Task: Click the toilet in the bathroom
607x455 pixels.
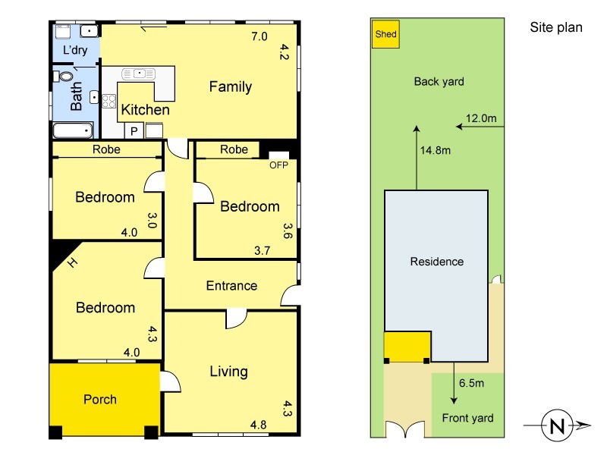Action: click(x=64, y=76)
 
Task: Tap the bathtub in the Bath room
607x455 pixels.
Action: click(x=73, y=130)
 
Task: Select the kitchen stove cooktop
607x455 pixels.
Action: click(x=109, y=102)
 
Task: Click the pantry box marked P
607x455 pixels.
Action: click(x=134, y=131)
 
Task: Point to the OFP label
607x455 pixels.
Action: click(x=278, y=165)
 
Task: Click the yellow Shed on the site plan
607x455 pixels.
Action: click(x=385, y=34)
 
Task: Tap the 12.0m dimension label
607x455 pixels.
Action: click(x=481, y=118)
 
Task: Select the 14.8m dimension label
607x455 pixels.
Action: click(x=436, y=150)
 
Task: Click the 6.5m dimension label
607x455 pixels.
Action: click(x=471, y=383)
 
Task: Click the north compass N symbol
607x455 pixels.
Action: click(x=557, y=425)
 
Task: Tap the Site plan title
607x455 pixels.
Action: click(x=556, y=27)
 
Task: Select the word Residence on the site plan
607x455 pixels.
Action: click(x=437, y=262)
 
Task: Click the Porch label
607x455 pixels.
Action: click(x=100, y=400)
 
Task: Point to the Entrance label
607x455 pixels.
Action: click(x=231, y=286)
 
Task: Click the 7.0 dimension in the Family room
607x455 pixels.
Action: click(x=259, y=36)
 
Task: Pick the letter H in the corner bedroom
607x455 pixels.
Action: click(x=72, y=262)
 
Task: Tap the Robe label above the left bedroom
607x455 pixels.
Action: click(x=106, y=149)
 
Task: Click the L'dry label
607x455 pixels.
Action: click(x=75, y=49)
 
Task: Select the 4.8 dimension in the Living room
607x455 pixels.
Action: click(x=258, y=425)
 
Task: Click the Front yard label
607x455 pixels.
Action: click(x=467, y=419)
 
